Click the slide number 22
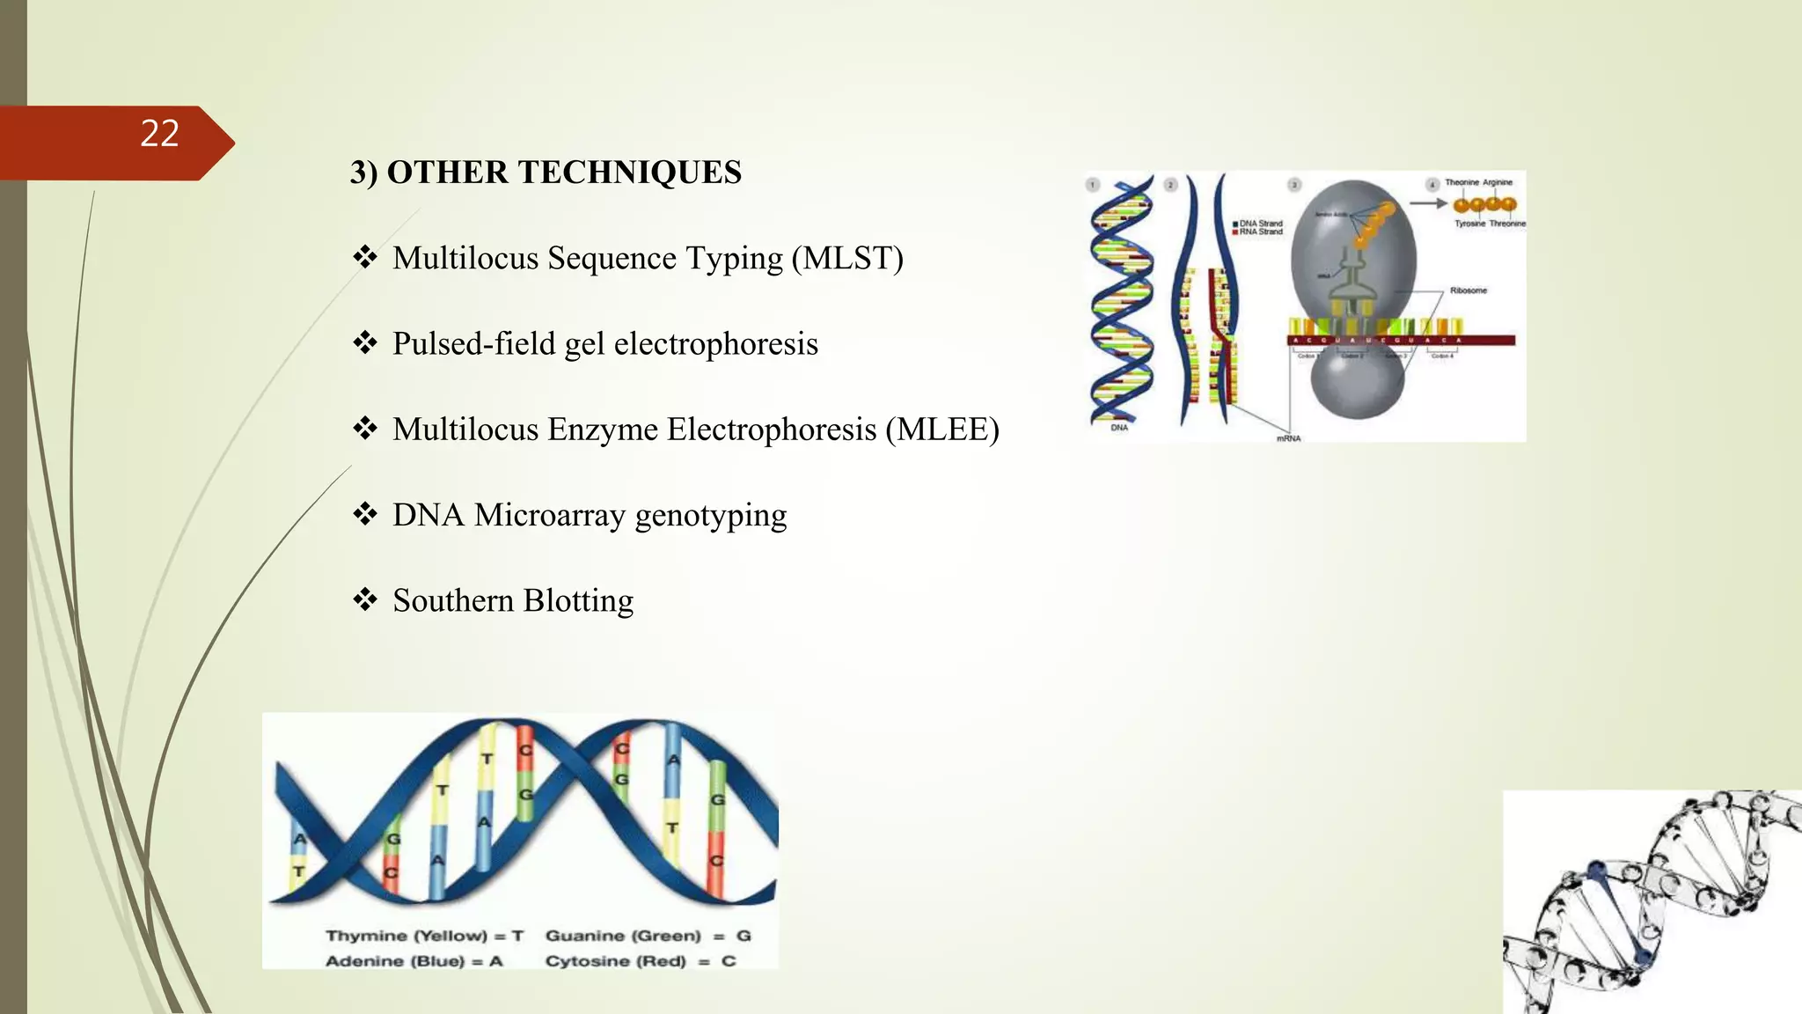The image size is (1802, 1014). (x=159, y=134)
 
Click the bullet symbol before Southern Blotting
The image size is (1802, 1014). (x=364, y=599)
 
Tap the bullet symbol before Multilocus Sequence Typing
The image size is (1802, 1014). (x=364, y=257)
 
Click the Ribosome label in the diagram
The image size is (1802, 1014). (x=1468, y=290)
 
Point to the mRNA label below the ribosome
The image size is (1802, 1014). (x=1288, y=438)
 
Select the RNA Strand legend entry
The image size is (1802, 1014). (x=1260, y=232)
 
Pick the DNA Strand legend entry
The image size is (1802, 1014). (x=1260, y=224)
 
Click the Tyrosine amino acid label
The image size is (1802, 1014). (x=1469, y=224)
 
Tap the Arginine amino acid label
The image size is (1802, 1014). (x=1498, y=182)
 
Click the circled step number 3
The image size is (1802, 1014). (x=1293, y=185)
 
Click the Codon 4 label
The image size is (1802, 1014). (x=1442, y=356)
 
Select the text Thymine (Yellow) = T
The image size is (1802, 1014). (x=424, y=936)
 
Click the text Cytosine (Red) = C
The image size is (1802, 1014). (x=640, y=961)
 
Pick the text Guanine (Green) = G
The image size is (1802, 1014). (x=648, y=936)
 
